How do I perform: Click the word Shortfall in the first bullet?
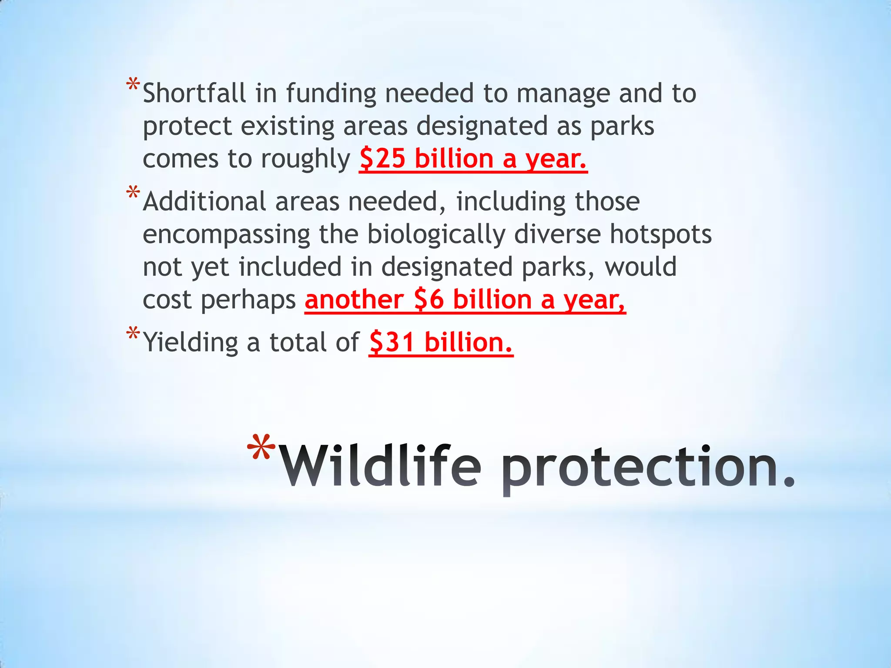tap(194, 94)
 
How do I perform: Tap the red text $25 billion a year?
tap(473, 159)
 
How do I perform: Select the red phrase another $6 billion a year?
tap(465, 300)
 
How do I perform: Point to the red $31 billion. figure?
tap(441, 342)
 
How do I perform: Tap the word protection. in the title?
tap(648, 468)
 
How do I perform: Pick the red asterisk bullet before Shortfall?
tap(133, 85)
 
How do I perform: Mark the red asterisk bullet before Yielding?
tap(133, 334)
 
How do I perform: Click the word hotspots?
tap(660, 234)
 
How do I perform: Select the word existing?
tap(287, 127)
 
